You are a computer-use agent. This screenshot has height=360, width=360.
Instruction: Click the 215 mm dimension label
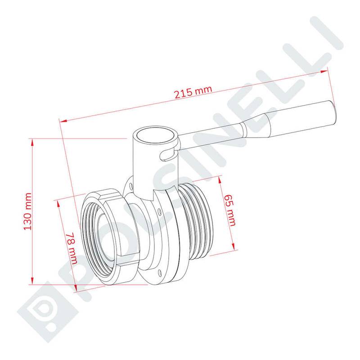click(x=193, y=92)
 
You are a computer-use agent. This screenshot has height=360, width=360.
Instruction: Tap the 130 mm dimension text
click(x=28, y=211)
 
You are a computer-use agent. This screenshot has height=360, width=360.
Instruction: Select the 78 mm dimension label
click(x=72, y=248)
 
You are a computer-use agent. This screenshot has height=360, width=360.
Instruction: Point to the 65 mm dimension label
click(x=230, y=210)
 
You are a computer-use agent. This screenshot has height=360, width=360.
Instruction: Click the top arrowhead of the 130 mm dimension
click(x=32, y=142)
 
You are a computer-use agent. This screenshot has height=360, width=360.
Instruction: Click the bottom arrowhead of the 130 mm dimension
click(x=32, y=280)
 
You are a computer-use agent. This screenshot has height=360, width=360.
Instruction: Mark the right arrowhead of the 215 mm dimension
click(x=324, y=72)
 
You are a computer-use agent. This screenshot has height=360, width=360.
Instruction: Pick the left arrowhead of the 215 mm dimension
click(x=63, y=121)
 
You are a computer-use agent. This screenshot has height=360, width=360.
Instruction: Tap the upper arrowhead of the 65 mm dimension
click(x=220, y=180)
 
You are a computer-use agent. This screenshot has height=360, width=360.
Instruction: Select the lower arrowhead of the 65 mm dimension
click(x=233, y=246)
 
